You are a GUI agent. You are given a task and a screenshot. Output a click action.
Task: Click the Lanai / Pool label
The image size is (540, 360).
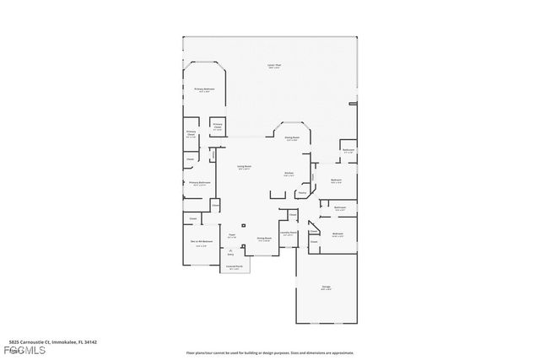tap(273, 66)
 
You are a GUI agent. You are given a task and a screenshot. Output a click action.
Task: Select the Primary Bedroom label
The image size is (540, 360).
tap(204, 89)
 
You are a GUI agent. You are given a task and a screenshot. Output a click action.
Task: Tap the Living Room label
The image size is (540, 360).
tap(244, 167)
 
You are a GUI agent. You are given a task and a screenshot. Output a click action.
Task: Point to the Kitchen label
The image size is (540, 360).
tap(288, 174)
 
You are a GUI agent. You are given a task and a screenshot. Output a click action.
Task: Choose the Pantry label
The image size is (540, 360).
tap(302, 192)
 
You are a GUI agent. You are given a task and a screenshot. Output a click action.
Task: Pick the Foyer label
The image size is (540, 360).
tap(232, 236)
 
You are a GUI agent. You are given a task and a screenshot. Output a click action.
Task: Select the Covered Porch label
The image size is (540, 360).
tap(233, 268)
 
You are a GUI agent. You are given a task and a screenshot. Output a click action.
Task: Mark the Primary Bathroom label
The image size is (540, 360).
tap(200, 183)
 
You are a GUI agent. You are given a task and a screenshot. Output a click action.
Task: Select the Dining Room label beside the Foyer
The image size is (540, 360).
tap(263, 239)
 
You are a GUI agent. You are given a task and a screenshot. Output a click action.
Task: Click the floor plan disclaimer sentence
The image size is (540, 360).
tap(269, 352)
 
